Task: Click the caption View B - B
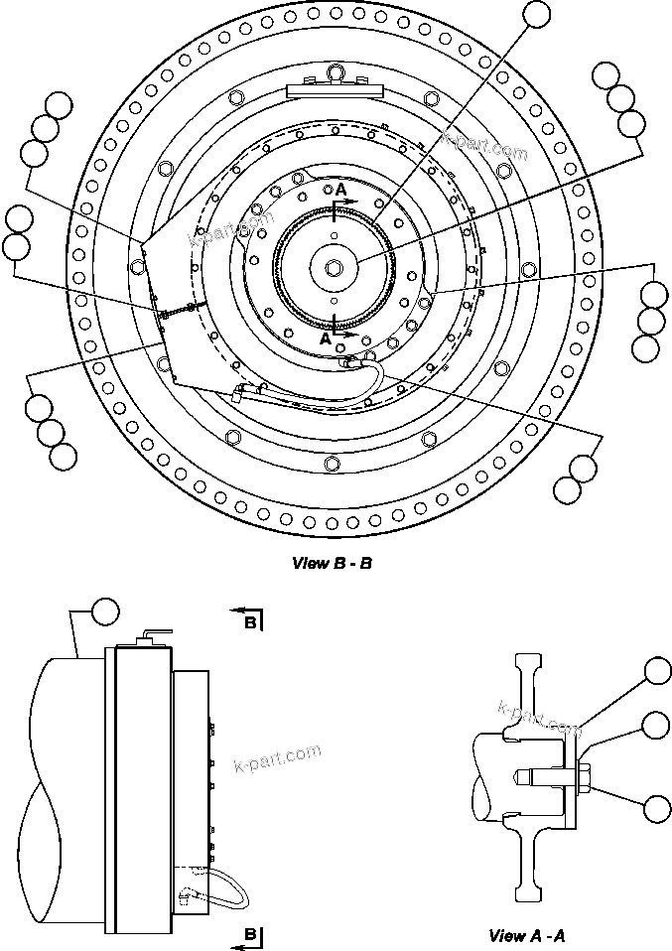click(332, 563)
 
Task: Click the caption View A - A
click(527, 935)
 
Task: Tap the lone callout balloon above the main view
click(536, 13)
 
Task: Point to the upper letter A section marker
click(340, 189)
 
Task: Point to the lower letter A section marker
click(325, 338)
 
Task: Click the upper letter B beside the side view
click(251, 622)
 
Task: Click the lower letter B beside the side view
click(251, 934)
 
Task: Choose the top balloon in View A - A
click(656, 672)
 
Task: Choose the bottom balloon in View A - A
click(656, 808)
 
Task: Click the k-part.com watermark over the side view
click(278, 756)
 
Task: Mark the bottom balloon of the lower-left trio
click(63, 457)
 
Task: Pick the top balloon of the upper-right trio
click(605, 75)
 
